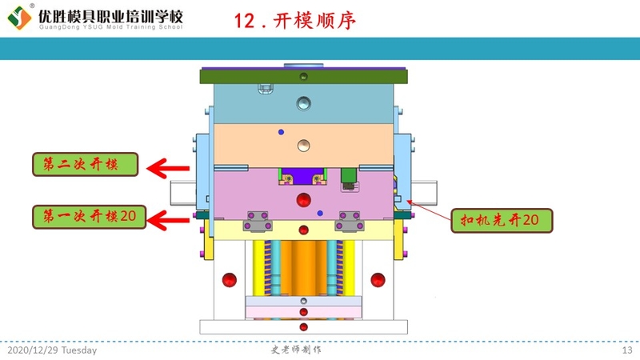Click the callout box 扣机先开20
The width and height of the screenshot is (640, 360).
[x=501, y=218]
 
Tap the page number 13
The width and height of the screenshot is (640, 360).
[x=627, y=350]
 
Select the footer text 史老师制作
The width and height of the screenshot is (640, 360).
[x=296, y=350]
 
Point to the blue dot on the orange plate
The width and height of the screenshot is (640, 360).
[x=280, y=130]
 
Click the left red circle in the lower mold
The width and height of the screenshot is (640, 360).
[x=230, y=279]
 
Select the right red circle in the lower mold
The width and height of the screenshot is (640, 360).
[x=378, y=279]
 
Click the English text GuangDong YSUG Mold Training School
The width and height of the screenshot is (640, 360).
[x=110, y=27]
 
